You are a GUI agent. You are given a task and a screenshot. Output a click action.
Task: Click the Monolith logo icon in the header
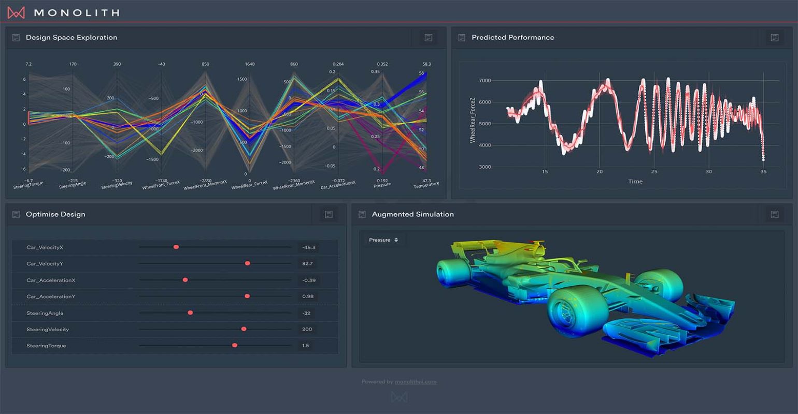[x=16, y=12]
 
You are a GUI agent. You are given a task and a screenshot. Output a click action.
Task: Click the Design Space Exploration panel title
[x=72, y=37]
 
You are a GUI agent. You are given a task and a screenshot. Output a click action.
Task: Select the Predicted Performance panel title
[x=512, y=37]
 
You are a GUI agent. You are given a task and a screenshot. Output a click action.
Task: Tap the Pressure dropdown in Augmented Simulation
[x=383, y=240]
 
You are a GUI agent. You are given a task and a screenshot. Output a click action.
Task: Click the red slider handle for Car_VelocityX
[x=176, y=247]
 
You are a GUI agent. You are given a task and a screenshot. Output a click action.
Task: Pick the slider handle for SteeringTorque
[x=235, y=345]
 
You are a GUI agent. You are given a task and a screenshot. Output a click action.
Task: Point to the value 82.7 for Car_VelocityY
[x=307, y=263]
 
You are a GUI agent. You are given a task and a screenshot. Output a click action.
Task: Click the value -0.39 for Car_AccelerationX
[x=309, y=280]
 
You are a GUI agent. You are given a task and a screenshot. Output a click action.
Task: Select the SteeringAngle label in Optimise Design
[x=45, y=313]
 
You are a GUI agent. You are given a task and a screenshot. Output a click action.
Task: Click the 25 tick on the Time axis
[x=654, y=172]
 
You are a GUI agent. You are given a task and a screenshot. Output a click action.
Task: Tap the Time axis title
[x=635, y=182]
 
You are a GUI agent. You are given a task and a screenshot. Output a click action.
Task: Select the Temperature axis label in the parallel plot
[x=426, y=185]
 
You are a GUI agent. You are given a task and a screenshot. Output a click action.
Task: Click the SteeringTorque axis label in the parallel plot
[x=28, y=184]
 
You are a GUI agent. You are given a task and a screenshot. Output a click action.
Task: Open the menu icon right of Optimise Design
[x=329, y=214]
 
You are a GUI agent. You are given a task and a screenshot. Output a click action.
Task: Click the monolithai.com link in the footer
[x=415, y=382]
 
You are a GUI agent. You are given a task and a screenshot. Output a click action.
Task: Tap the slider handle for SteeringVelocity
[x=244, y=329]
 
